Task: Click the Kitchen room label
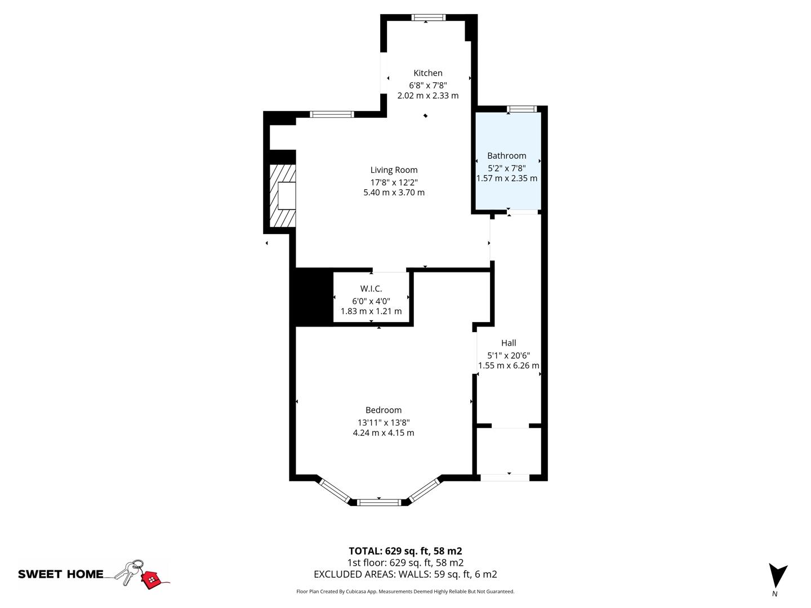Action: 428,73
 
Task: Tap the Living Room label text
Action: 394,170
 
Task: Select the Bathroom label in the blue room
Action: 506,155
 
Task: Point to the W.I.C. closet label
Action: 371,289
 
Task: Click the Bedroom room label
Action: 383,410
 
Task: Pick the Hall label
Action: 509,343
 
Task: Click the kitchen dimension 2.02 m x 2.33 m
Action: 428,96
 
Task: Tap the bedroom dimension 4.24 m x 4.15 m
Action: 383,433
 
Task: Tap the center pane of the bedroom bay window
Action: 379,502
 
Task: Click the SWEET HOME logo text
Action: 61,574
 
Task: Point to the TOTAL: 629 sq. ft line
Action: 405,551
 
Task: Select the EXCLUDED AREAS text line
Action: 405,574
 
